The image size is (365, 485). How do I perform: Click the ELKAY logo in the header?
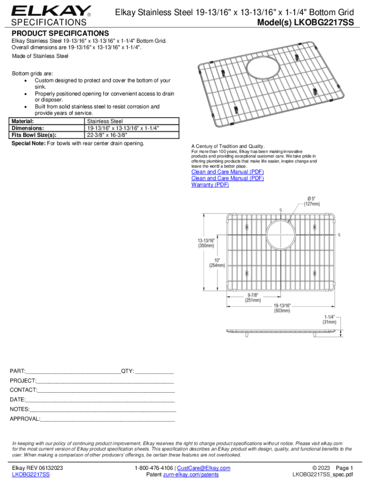51,10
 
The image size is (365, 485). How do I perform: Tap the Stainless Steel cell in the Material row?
104,122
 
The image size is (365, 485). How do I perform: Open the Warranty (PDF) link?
210,185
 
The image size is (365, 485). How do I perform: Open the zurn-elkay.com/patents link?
191,475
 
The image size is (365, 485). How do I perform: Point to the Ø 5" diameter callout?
312,200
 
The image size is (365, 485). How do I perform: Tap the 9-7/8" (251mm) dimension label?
252,297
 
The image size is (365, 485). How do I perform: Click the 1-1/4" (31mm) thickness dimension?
329,319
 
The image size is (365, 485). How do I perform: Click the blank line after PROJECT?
105,380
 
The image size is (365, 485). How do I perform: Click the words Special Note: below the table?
28,144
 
